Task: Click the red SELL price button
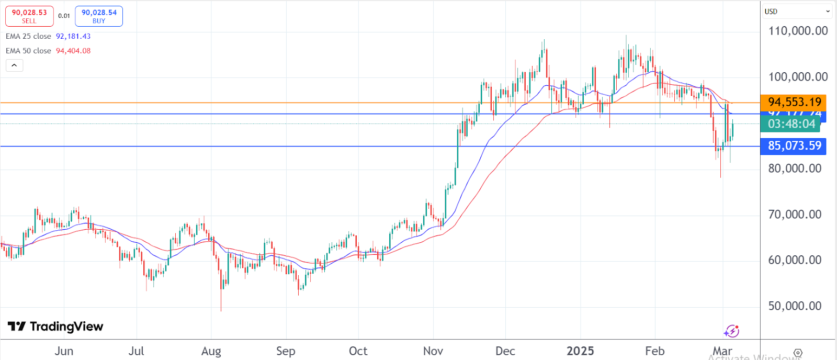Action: click(x=29, y=16)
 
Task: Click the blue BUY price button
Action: click(x=99, y=16)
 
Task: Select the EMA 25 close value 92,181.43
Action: click(x=73, y=37)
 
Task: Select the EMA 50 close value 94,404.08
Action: click(x=73, y=51)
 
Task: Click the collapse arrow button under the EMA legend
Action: click(x=14, y=65)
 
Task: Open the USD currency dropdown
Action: click(x=797, y=11)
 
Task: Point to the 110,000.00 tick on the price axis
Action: click(x=798, y=31)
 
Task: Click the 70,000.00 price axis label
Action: click(x=795, y=214)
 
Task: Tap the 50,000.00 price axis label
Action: click(x=795, y=306)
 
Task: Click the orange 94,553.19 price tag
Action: click(x=794, y=102)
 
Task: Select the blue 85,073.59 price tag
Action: click(x=794, y=146)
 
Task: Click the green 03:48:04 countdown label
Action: click(x=791, y=124)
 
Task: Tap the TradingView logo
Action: click(x=55, y=327)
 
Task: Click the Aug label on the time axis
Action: click(x=211, y=351)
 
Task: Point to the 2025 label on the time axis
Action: click(x=580, y=351)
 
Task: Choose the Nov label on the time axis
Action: click(x=433, y=351)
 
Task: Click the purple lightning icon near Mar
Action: click(x=731, y=331)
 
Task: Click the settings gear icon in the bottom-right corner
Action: click(x=798, y=353)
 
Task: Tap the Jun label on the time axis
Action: click(x=64, y=351)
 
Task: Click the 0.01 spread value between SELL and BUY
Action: click(x=64, y=16)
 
